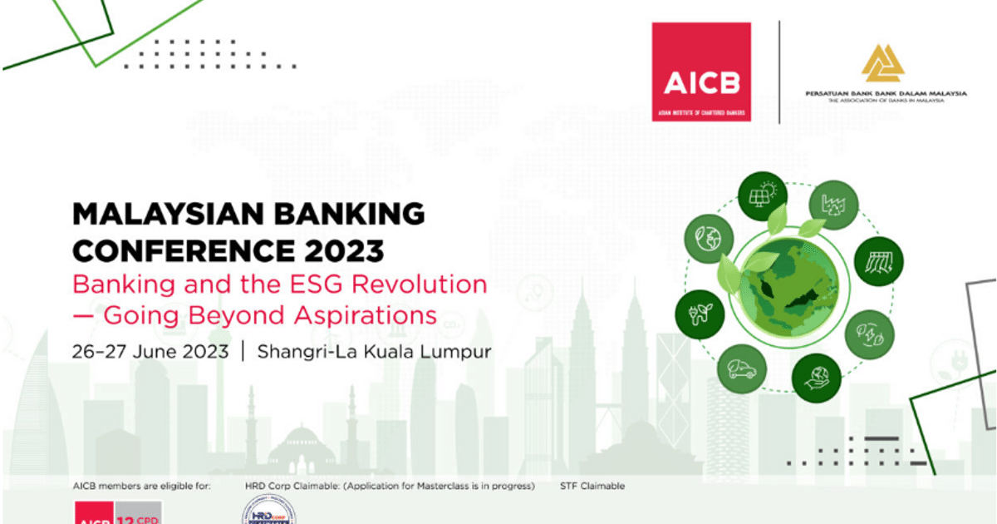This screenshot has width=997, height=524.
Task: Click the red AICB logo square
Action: (x=701, y=72)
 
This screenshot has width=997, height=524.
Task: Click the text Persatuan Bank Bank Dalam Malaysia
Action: (x=886, y=94)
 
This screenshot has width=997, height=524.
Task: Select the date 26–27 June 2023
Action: (x=150, y=351)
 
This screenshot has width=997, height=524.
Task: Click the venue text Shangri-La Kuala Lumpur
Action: (x=374, y=351)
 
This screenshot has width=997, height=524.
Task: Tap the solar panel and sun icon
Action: (x=763, y=195)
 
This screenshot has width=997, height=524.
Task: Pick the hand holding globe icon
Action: (x=816, y=378)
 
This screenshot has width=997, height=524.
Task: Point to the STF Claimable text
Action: (x=592, y=486)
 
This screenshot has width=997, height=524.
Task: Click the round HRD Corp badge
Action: (x=268, y=511)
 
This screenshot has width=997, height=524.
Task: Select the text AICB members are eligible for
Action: (x=142, y=486)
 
